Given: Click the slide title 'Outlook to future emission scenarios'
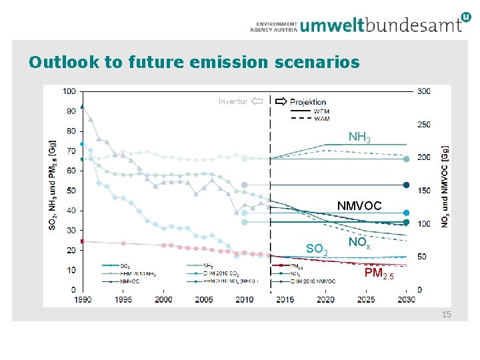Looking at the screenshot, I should [194, 63].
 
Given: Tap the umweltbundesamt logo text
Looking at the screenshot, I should [381, 25].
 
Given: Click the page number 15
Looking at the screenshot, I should [446, 313].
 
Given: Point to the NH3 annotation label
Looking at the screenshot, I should [359, 137].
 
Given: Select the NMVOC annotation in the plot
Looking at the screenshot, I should [359, 206].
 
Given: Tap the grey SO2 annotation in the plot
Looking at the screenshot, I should [317, 249].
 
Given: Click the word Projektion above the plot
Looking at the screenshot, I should [308, 102].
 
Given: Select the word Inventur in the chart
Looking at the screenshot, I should [233, 102].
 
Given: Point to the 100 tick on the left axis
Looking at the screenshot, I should [69, 91].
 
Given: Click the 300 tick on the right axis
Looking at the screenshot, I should [423, 91].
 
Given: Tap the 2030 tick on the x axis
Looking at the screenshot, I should [407, 299].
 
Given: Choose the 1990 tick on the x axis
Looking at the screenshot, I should [82, 299].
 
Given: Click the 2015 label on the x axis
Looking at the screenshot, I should [285, 299].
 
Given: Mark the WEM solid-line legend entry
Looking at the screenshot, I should [321, 111].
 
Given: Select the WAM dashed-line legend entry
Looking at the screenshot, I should [321, 119].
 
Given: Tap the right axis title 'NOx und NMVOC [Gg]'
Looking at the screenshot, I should [445, 187].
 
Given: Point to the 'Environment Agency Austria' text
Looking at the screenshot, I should [273, 25].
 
